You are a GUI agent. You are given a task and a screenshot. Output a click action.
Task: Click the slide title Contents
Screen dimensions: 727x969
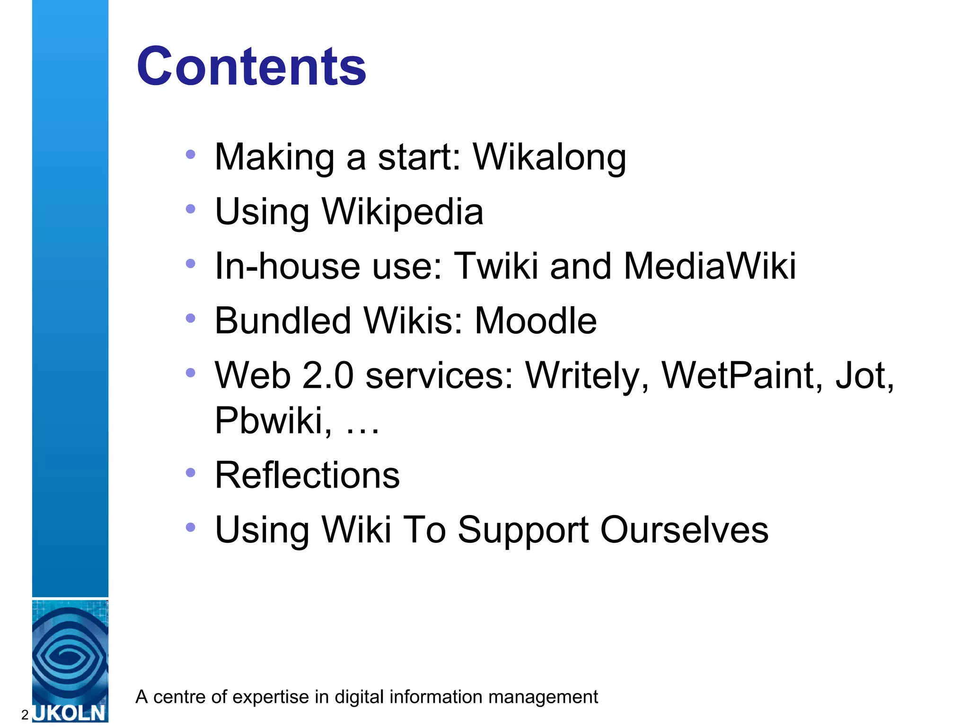pyautogui.click(x=251, y=67)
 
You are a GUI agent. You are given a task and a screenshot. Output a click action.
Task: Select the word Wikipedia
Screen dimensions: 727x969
pyautogui.click(x=403, y=212)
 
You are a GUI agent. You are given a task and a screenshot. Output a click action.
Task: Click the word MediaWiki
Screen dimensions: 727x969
pyautogui.click(x=710, y=266)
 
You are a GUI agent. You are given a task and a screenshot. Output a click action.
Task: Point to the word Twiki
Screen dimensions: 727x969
pyautogui.click(x=495, y=266)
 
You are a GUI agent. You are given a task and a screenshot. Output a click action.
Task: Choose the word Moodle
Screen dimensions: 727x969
pyautogui.click(x=536, y=321)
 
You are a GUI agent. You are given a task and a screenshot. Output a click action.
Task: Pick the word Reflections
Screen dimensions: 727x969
pyautogui.click(x=307, y=475)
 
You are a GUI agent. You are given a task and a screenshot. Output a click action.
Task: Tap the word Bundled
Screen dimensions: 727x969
pyautogui.click(x=283, y=321)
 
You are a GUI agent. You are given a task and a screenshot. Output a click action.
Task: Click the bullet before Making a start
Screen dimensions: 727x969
pyautogui.click(x=191, y=154)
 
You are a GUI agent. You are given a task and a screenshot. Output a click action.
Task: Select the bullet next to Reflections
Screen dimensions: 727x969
pyautogui.click(x=191, y=472)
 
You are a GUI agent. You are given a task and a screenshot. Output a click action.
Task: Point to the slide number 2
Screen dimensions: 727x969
pyautogui.click(x=25, y=715)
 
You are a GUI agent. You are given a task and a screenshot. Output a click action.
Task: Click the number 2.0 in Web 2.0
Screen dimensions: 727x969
pyautogui.click(x=327, y=376)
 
